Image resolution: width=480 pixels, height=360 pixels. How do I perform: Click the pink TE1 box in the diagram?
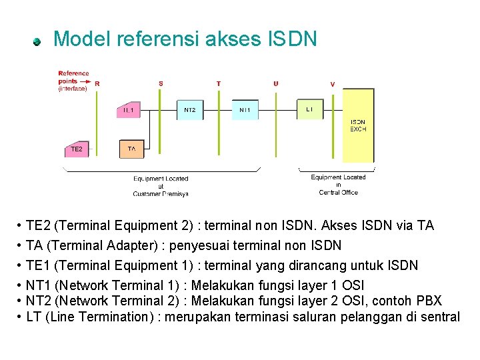click(129, 109)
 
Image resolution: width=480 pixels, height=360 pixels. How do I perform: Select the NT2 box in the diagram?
click(189, 109)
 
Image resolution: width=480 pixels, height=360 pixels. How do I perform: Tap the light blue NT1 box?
click(245, 109)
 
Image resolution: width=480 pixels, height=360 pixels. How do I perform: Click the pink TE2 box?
click(77, 149)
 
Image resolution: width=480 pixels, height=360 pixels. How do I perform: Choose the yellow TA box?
click(131, 149)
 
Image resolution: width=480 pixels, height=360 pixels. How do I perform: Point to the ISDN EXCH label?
click(358, 125)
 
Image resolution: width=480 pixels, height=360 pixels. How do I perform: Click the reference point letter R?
click(97, 84)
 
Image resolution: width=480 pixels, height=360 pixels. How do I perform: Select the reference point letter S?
click(161, 84)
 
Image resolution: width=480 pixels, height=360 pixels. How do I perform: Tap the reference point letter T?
click(218, 84)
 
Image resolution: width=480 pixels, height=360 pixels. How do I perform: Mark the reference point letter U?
click(276, 84)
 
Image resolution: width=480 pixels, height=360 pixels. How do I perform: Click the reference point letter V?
click(333, 84)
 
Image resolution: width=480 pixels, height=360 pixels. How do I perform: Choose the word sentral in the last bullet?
click(439, 317)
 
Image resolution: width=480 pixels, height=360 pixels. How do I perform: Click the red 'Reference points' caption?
click(73, 77)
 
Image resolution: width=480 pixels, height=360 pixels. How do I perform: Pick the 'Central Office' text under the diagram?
click(339, 193)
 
